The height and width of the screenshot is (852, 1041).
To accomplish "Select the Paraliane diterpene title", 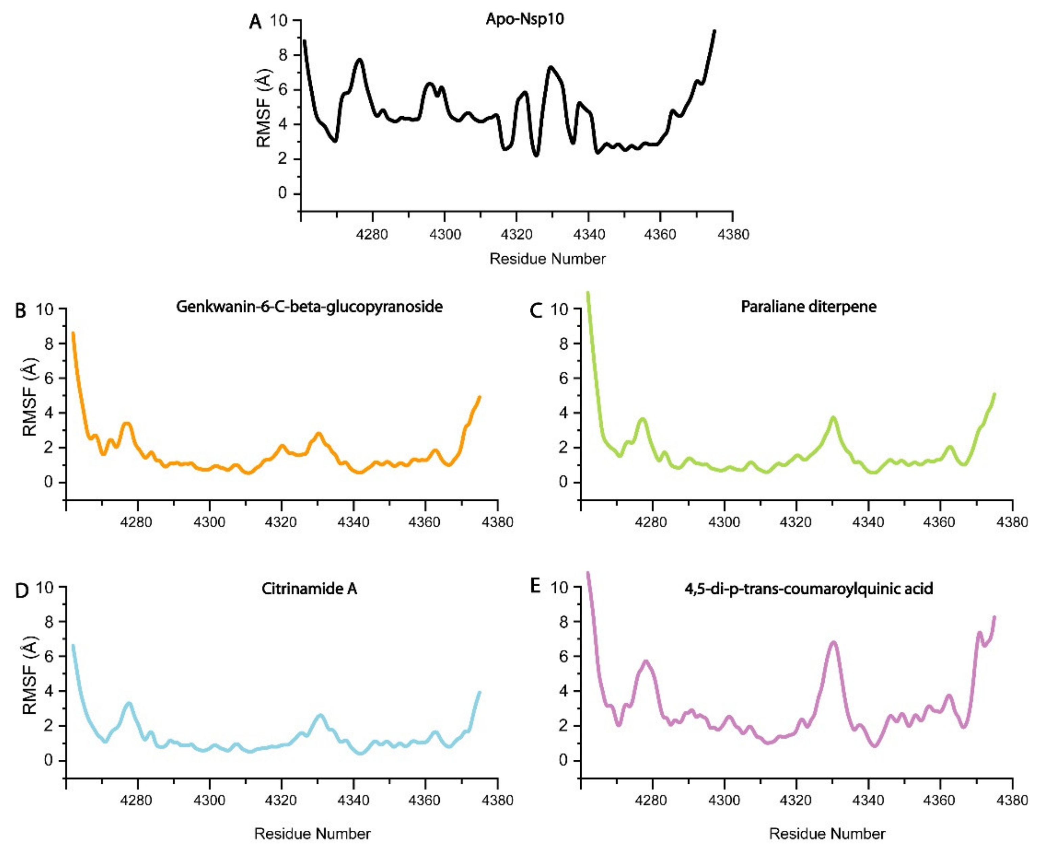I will [x=808, y=307].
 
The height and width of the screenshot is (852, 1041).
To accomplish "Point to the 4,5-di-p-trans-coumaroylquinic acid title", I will [x=808, y=588].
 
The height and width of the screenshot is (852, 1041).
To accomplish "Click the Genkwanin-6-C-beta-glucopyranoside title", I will [x=309, y=307].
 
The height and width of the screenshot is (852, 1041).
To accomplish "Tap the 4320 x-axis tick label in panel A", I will [x=516, y=235].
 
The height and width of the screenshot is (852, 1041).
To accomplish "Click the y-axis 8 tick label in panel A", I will [x=283, y=55].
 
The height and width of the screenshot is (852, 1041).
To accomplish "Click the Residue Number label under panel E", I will [x=827, y=834].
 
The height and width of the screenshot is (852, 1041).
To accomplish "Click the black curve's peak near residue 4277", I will [x=360, y=60].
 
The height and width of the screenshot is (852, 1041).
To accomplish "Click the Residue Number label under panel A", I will [x=548, y=259].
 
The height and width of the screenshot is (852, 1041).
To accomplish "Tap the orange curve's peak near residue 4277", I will [x=127, y=423].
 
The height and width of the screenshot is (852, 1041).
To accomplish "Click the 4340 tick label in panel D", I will [x=353, y=801].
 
